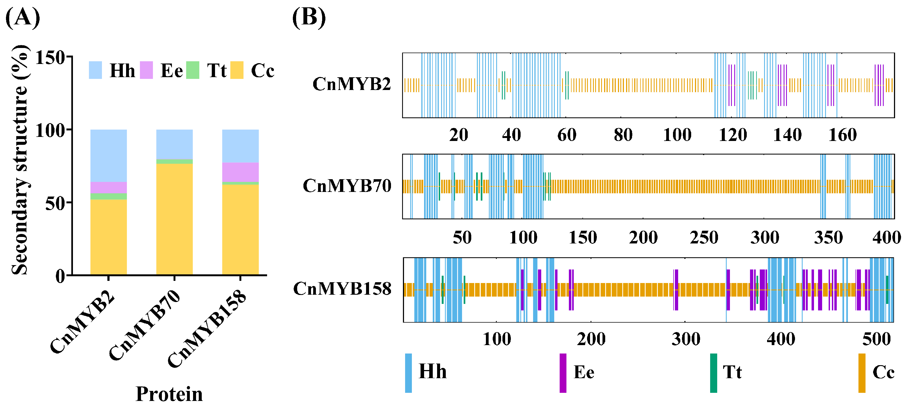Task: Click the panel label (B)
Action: [309, 18]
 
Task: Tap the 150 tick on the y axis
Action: [50, 57]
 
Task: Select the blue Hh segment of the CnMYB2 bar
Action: [108, 156]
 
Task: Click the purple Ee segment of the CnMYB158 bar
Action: [240, 172]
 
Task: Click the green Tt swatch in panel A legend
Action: [193, 70]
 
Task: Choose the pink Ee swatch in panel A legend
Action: [146, 70]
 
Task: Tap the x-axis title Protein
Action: [169, 394]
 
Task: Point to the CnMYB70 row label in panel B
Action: [347, 186]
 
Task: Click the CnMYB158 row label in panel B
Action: [342, 289]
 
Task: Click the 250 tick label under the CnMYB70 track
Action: [703, 238]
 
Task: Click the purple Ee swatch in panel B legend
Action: [563, 372]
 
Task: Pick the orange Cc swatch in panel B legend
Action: [861, 372]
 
